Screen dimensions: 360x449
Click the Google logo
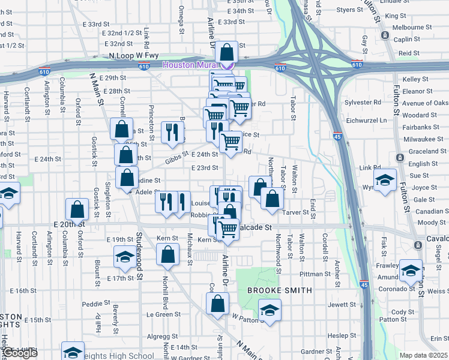pyautogui.click(x=20, y=353)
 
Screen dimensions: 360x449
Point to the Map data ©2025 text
pyautogui.click(x=424, y=355)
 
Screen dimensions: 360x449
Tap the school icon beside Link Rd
pyautogui.click(x=385, y=179)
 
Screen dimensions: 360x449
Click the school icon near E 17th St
pyautogui.click(x=124, y=257)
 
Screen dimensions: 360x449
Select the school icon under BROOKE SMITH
pyautogui.click(x=270, y=310)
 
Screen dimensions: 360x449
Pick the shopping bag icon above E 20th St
pyautogui.click(x=77, y=209)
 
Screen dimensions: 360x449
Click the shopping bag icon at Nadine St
pyautogui.click(x=127, y=178)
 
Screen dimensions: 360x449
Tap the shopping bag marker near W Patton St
pyautogui.click(x=217, y=302)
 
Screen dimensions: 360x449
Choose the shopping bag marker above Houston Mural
pyautogui.click(x=227, y=51)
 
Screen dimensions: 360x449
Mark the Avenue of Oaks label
pyautogui.click(x=426, y=103)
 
